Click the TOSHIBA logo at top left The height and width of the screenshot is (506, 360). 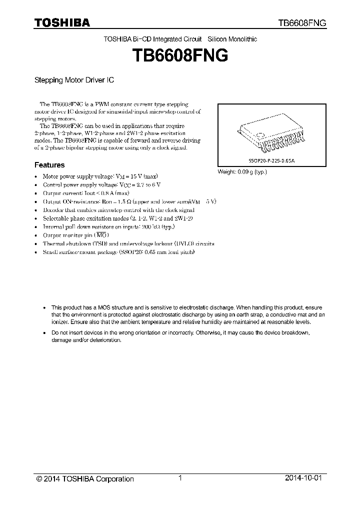pyautogui.click(x=62, y=23)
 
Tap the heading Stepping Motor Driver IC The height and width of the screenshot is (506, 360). pyautogui.click(x=75, y=79)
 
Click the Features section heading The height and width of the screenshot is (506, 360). pyautogui.click(x=49, y=164)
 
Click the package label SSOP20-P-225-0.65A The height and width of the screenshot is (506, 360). pyautogui.click(x=272, y=161)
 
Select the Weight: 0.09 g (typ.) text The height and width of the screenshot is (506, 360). pyautogui.click(x=242, y=171)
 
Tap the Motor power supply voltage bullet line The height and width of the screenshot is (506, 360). pyautogui.click(x=100, y=176)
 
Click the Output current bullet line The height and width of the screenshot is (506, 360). pyautogui.click(x=86, y=193)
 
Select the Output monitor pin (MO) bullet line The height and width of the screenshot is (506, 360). pyautogui.click(x=75, y=235)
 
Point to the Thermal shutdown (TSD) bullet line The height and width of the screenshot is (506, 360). pyautogui.click(x=128, y=243)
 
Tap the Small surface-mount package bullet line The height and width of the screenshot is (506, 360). pyautogui.click(x=118, y=252)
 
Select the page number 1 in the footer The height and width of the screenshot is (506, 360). pyautogui.click(x=180, y=478)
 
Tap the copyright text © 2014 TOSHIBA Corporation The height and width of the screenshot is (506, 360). pyautogui.click(x=85, y=479)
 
